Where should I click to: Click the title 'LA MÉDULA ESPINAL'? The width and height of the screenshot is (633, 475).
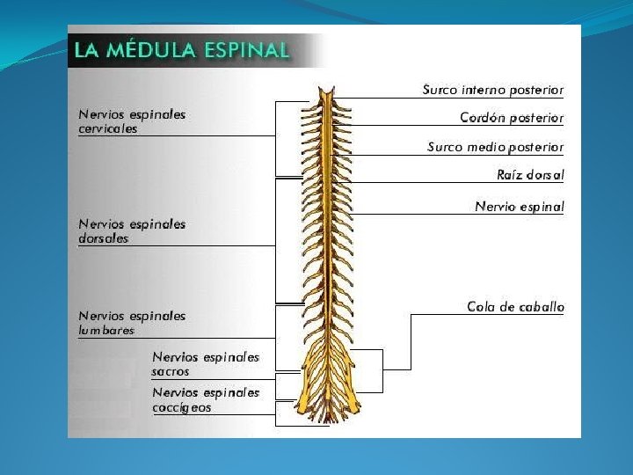click(181, 49)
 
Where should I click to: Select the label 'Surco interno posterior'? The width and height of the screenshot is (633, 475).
click(493, 90)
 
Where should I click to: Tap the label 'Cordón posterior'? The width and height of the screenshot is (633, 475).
click(512, 118)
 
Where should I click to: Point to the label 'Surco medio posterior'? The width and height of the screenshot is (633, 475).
click(496, 147)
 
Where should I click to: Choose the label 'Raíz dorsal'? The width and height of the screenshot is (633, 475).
click(530, 175)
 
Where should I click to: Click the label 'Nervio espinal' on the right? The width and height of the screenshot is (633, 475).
click(519, 208)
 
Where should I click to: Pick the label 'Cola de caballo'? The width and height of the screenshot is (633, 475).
click(515, 307)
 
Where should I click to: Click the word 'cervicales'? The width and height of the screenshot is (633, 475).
click(108, 128)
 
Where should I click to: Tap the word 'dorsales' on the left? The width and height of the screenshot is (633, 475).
click(104, 238)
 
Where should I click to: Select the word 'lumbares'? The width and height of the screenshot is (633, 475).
click(106, 331)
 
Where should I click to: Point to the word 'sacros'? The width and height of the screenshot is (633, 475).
click(171, 372)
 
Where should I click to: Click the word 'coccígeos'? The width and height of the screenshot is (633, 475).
click(182, 407)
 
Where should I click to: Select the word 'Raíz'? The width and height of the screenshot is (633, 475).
click(510, 175)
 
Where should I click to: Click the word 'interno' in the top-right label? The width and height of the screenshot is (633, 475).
click(484, 90)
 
